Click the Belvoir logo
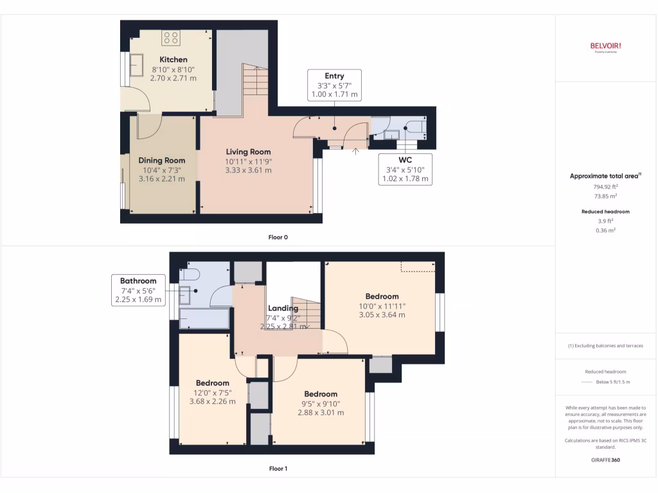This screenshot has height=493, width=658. (x=605, y=46)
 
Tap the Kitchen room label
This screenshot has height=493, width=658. (x=173, y=60)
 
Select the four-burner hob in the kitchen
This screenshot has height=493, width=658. (x=171, y=38)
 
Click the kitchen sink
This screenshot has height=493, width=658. (x=137, y=64)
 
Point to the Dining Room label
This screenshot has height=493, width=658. (x=162, y=160)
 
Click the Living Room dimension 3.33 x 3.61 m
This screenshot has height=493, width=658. (x=248, y=170)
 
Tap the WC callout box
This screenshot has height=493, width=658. (x=405, y=169)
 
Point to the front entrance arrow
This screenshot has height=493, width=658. (x=355, y=151)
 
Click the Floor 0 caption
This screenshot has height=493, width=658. (x=278, y=237)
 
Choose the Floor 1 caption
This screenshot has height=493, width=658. (x=278, y=469)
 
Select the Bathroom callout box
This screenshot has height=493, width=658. (x=138, y=290)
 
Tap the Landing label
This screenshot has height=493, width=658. (x=283, y=308)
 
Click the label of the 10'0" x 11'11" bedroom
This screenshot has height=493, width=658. (x=382, y=297)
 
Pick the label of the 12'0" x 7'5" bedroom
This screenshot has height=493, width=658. (x=213, y=383)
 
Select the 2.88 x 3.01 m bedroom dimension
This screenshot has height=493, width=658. (x=321, y=412)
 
